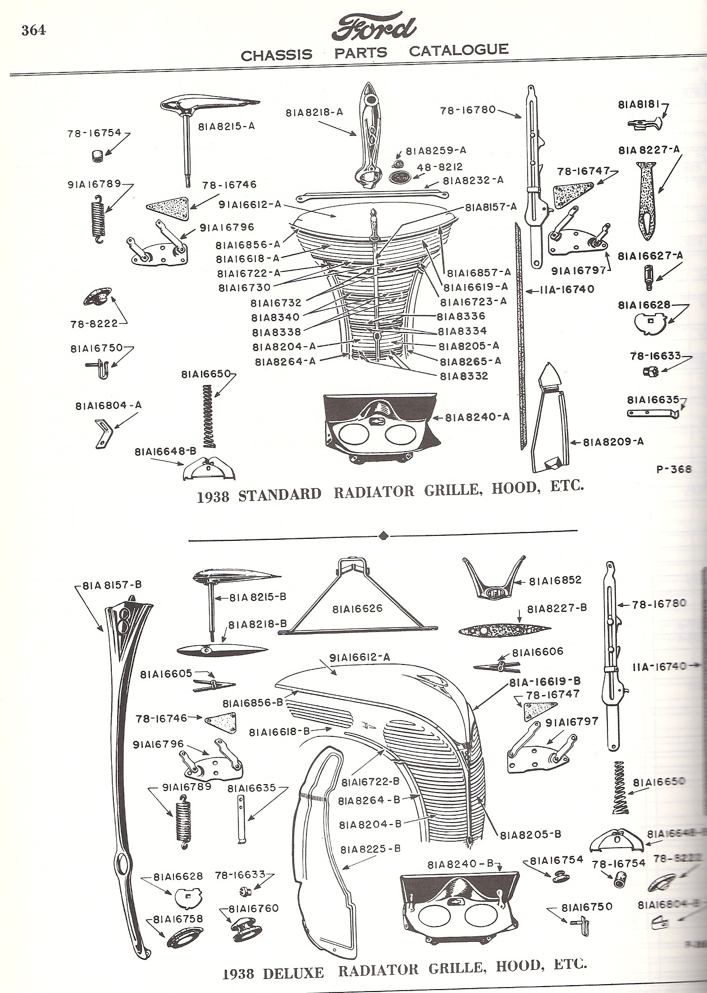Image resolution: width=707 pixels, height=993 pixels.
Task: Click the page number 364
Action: click(x=34, y=30)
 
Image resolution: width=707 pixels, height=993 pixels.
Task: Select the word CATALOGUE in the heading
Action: click(x=459, y=50)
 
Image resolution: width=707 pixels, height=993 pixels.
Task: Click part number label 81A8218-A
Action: click(x=314, y=112)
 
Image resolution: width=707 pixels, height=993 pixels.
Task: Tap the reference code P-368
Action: click(x=673, y=469)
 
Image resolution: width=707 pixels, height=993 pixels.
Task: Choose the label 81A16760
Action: click(x=253, y=908)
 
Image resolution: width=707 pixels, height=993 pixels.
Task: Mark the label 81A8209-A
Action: click(x=613, y=442)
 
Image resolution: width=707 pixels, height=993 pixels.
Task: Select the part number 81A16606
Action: click(x=538, y=653)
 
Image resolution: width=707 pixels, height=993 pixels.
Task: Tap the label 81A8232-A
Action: click(x=473, y=180)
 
